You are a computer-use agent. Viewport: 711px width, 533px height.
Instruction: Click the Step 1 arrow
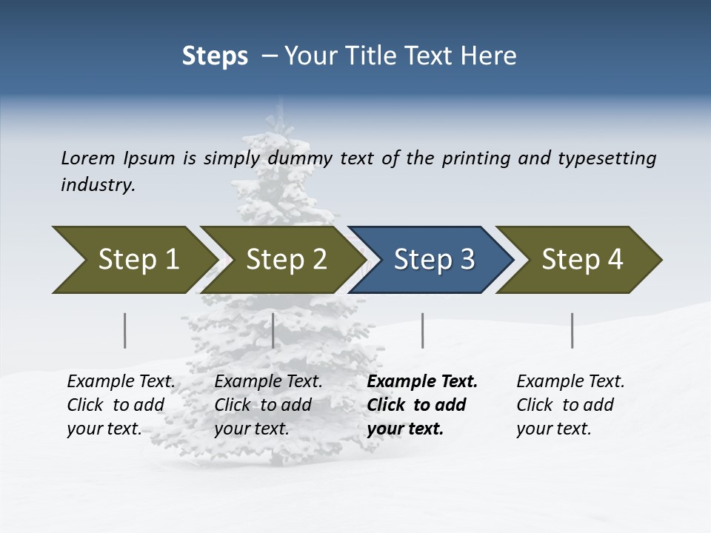tap(133, 260)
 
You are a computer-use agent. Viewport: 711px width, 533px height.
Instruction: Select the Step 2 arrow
tap(281, 260)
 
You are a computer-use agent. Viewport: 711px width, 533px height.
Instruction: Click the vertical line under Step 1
tap(125, 330)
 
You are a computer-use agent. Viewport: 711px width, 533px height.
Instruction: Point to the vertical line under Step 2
tap(273, 330)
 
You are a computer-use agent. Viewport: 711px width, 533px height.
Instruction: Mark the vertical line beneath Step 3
tap(422, 330)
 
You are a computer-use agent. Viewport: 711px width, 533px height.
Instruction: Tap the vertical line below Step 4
tap(573, 330)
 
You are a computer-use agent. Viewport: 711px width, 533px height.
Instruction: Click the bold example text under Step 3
tap(421, 405)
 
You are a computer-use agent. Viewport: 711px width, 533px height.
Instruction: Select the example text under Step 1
tap(120, 405)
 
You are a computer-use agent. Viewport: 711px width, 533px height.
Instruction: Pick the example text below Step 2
tap(267, 405)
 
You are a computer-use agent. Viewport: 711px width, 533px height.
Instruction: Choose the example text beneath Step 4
tap(570, 405)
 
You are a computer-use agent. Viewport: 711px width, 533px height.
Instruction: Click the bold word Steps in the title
tap(215, 56)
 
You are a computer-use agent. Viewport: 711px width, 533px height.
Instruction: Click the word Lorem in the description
tap(88, 158)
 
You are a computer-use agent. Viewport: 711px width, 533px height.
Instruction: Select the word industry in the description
tap(98, 185)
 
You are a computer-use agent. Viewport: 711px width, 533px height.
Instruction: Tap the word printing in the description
tap(474, 158)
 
